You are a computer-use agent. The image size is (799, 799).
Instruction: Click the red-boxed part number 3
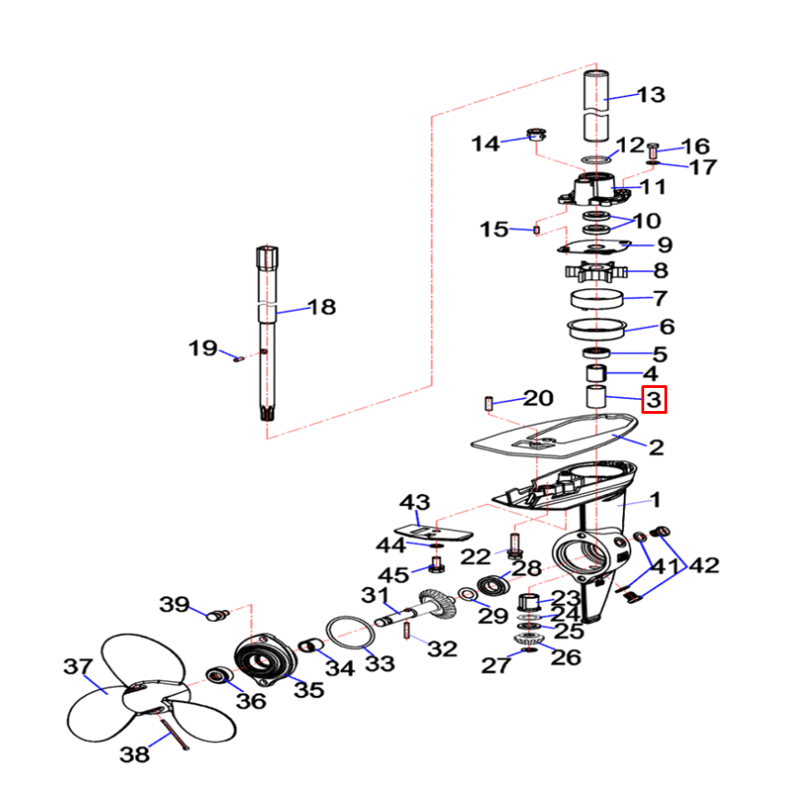(x=652, y=401)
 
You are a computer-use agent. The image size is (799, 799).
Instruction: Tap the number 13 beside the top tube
(x=651, y=95)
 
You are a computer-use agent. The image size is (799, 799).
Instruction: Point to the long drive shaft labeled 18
(x=265, y=332)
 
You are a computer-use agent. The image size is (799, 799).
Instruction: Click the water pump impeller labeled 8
(x=595, y=273)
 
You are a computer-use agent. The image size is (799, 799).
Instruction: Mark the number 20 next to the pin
(x=538, y=398)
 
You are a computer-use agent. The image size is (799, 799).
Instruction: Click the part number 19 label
(x=203, y=349)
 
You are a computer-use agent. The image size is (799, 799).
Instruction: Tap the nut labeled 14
(x=534, y=135)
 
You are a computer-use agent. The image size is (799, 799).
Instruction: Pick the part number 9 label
(x=664, y=246)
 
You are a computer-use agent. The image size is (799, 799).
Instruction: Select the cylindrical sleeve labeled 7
(x=596, y=299)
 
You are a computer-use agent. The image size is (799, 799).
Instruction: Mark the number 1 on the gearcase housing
(x=655, y=499)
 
